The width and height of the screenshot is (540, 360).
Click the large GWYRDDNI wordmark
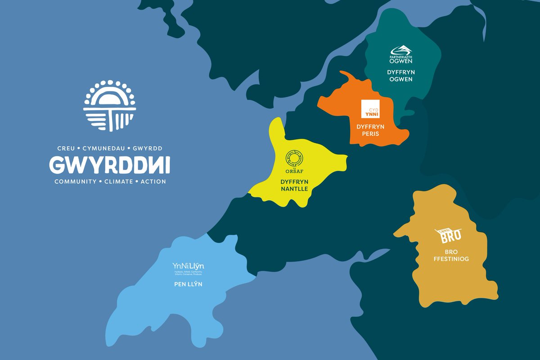110,165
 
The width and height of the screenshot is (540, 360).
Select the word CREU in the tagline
66,148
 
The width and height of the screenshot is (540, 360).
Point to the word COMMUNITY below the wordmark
75,182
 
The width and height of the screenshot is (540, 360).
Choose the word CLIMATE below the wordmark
117,182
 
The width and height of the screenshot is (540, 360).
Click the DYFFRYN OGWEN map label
400,76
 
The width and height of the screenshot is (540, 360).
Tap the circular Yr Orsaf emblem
294,158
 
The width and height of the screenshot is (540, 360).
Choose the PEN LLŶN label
188,284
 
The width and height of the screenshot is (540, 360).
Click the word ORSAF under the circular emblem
294,171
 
